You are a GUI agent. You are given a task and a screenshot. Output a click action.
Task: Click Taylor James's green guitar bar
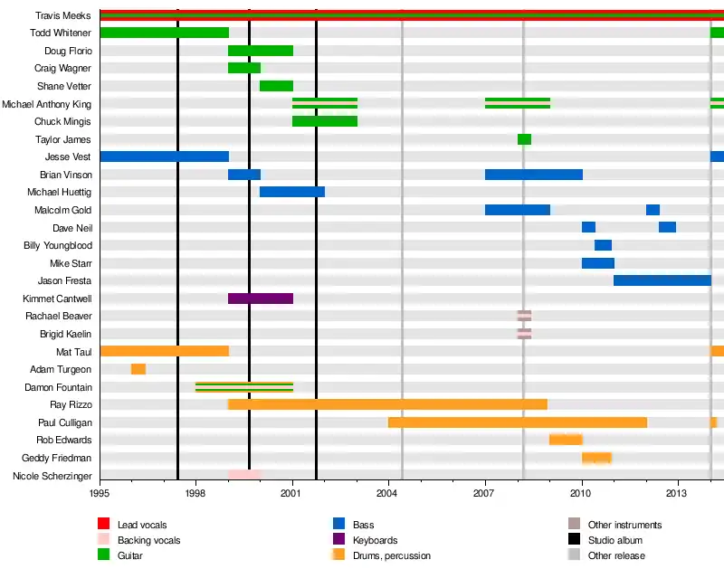pyautogui.click(x=524, y=139)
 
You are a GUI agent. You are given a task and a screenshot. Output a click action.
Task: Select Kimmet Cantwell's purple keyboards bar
pyautogui.click(x=261, y=299)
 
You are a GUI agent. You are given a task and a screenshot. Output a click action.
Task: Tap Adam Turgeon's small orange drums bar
pyautogui.click(x=138, y=369)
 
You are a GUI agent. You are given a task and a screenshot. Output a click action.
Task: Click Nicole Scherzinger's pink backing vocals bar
pyautogui.click(x=244, y=475)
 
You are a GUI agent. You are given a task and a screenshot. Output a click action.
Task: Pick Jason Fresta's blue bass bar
pyautogui.click(x=662, y=280)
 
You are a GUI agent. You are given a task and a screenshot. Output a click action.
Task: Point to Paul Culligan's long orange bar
pyautogui.click(x=518, y=422)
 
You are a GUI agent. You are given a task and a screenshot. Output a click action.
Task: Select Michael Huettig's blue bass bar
pyautogui.click(x=292, y=192)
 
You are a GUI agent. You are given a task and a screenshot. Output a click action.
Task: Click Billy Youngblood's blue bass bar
pyautogui.click(x=603, y=245)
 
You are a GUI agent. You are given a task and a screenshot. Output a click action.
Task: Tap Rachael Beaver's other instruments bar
pyautogui.click(x=524, y=316)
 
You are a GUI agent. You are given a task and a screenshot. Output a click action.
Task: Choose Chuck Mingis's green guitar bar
pyautogui.click(x=325, y=121)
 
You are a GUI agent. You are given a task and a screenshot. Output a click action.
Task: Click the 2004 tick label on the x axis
pyautogui.click(x=388, y=493)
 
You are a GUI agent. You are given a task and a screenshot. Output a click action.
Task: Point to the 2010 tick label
pyautogui.click(x=581, y=493)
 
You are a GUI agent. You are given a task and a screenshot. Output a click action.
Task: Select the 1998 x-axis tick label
pyautogui.click(x=195, y=493)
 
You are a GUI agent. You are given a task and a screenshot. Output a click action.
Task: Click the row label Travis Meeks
pyautogui.click(x=63, y=15)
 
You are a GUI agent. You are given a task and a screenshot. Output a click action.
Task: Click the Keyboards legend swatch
pyautogui.click(x=339, y=540)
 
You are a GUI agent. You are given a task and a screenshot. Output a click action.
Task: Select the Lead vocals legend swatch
pyautogui.click(x=104, y=525)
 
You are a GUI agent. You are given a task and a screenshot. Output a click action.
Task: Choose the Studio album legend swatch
pyautogui.click(x=574, y=540)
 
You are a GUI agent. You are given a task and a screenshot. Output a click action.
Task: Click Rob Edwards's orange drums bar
pyautogui.click(x=566, y=440)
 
